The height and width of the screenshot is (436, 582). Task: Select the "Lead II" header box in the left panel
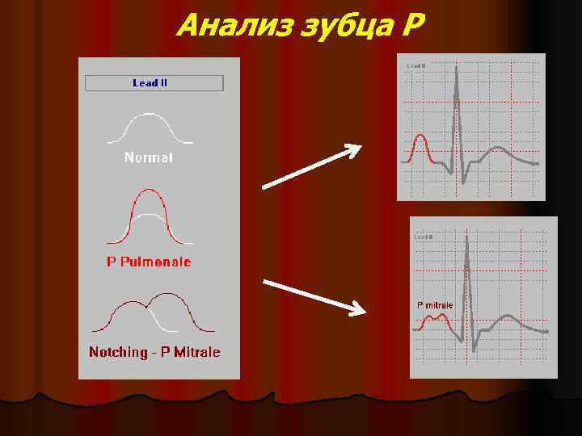coord(154,83)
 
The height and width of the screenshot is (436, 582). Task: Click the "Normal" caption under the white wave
coord(149,158)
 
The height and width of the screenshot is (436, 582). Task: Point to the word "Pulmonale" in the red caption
coord(157,262)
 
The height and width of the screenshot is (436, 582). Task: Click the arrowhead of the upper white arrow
coord(354,149)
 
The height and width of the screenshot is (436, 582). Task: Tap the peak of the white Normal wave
coord(150,115)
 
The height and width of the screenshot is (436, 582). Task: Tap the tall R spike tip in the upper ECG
coord(458,67)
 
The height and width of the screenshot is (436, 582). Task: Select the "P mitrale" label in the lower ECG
coord(434,305)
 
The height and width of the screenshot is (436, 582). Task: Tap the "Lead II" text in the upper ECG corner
coord(415,65)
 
